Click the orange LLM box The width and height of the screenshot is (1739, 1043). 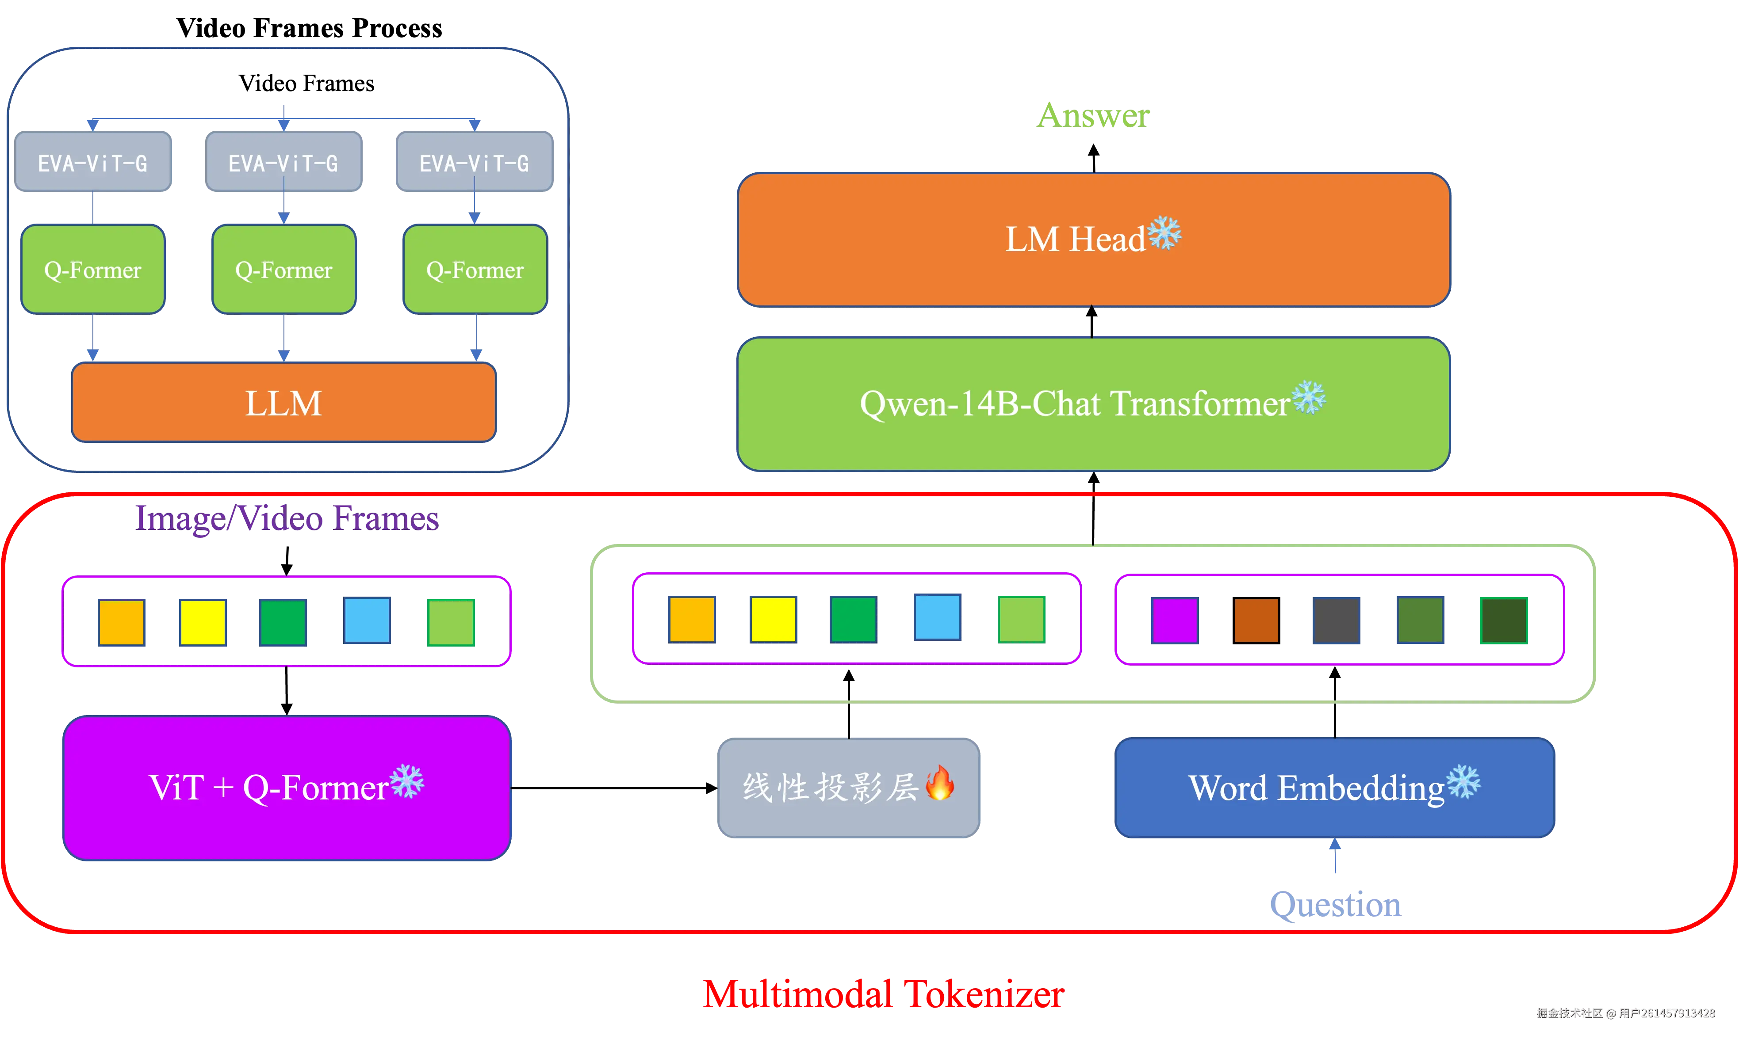[283, 402]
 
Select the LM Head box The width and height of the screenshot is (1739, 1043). [1093, 240]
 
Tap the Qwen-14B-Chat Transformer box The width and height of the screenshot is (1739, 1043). [1093, 404]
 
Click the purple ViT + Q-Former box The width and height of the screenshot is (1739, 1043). [287, 788]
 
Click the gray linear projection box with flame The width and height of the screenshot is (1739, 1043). [849, 788]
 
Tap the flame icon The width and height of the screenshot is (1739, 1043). [940, 783]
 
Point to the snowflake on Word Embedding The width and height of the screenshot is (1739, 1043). [1463, 781]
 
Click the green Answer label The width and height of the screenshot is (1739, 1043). [1093, 115]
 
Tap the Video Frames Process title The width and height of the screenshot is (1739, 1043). [310, 28]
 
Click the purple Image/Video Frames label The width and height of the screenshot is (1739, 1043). [287, 519]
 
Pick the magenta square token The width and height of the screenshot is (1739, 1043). [1174, 620]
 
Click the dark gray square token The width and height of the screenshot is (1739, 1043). [1336, 620]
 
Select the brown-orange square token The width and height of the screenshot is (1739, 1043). [1256, 620]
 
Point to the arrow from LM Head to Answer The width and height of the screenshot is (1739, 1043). [1093, 158]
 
